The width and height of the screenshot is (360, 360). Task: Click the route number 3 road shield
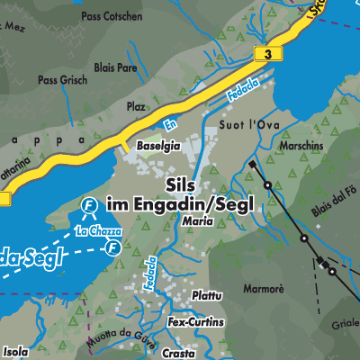[x=267, y=56]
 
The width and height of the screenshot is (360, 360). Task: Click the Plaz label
[x=136, y=106]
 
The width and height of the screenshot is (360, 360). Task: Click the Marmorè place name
[x=265, y=290]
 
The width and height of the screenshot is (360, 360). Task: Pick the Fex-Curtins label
[x=196, y=321]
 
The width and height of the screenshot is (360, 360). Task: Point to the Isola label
[x=15, y=351]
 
